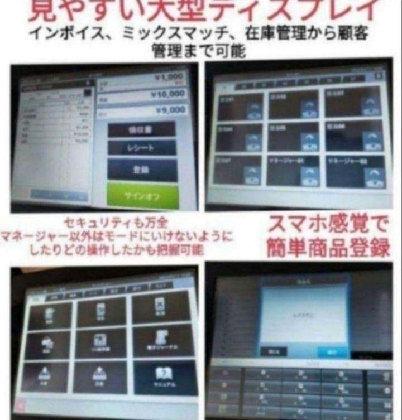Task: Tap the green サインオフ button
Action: [x=142, y=197]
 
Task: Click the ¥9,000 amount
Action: [x=170, y=110]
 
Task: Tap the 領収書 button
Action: [x=142, y=129]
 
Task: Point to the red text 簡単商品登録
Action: [x=328, y=248]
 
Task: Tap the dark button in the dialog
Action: [x=274, y=351]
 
